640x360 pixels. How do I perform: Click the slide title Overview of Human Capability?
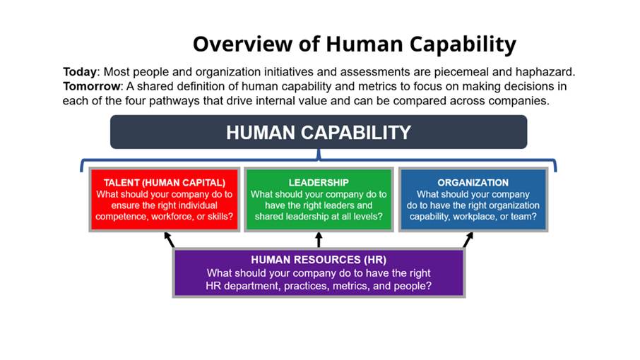coord(355,44)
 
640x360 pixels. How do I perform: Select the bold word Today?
coord(80,72)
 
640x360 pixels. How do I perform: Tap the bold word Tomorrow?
coord(92,86)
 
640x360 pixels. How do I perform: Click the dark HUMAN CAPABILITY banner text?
coord(319,133)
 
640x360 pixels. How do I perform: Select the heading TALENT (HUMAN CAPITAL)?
coord(165,183)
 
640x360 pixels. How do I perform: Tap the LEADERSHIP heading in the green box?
coord(319,183)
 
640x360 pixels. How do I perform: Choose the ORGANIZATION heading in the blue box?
coord(473,183)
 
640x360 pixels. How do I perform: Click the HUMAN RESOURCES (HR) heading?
coord(319,260)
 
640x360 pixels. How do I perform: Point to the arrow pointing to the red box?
coord(169,240)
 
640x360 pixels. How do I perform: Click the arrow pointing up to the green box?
coord(319,240)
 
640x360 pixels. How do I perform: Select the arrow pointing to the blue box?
coord(468,240)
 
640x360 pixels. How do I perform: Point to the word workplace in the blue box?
coord(474,217)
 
